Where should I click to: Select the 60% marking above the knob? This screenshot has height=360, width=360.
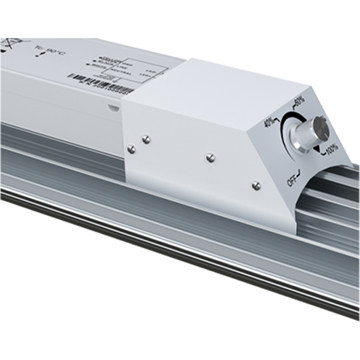[x=298, y=100]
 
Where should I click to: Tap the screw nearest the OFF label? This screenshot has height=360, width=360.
[x=257, y=185]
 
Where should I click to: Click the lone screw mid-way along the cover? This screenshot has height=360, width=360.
[x=210, y=157]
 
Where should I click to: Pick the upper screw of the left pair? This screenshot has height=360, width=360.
[x=146, y=139]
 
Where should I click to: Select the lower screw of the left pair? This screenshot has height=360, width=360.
[x=131, y=149]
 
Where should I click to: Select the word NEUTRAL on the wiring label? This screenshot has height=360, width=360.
[x=123, y=74]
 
